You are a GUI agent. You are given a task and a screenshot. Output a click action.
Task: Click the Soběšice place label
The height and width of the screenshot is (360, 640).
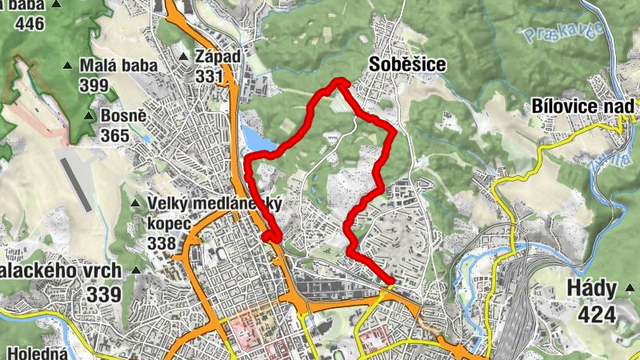coord(406,64)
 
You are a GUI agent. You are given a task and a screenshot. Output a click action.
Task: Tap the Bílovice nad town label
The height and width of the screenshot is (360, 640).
coord(583,106)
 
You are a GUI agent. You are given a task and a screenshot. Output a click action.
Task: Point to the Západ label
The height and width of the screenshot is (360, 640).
coord(218,58)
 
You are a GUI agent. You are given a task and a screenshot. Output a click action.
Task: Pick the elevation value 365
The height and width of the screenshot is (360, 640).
coord(115,135)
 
